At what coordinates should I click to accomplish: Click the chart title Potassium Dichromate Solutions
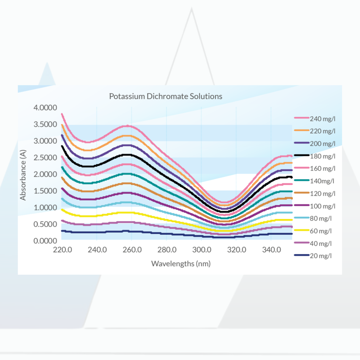(166, 96)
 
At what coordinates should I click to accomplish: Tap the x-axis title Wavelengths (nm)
(181, 264)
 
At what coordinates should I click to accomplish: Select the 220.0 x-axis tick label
(62, 250)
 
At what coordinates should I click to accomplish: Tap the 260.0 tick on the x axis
(132, 250)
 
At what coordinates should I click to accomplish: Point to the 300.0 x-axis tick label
(202, 250)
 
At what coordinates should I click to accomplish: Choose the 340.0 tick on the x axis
(271, 250)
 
